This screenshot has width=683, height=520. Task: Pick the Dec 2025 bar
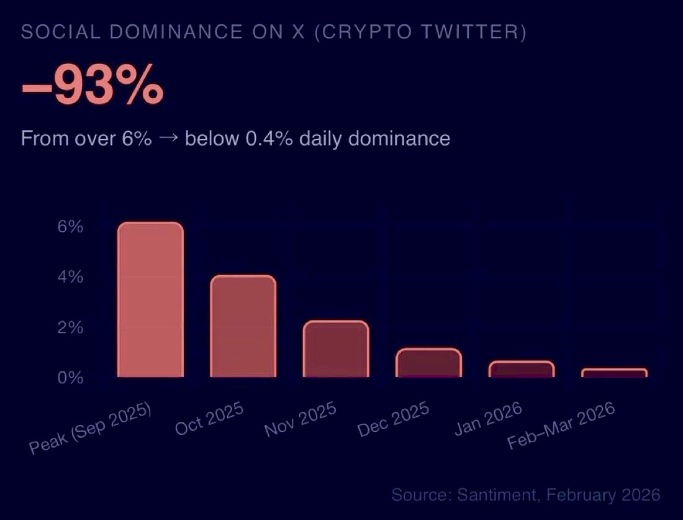click(428, 363)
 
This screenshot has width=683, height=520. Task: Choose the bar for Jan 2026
click(521, 369)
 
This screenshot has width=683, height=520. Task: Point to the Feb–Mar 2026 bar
click(614, 373)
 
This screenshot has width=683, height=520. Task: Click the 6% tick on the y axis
click(70, 227)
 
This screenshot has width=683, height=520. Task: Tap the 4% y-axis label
click(70, 277)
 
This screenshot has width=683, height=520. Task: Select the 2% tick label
click(70, 327)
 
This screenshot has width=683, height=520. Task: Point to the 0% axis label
click(70, 378)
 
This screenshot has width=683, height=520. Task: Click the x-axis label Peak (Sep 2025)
click(91, 429)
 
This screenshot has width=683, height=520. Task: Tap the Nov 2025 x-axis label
click(301, 419)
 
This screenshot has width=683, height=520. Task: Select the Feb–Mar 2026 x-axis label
click(561, 425)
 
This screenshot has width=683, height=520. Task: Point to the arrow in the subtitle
click(168, 138)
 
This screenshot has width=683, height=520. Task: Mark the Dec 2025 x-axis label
click(394, 419)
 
